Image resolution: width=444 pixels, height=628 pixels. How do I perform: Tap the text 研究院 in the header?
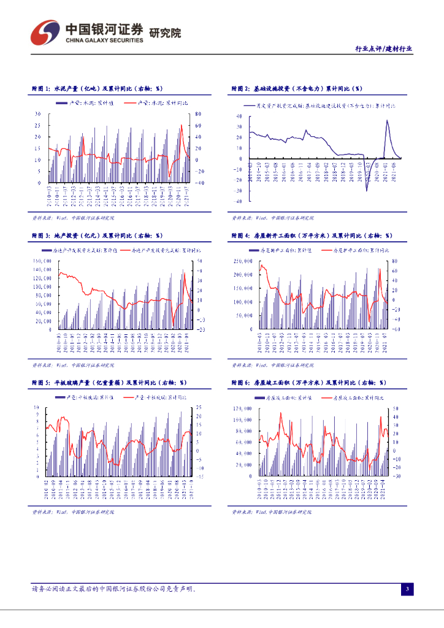[x=166, y=33]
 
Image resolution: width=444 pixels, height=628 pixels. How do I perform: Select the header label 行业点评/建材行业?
[x=384, y=49]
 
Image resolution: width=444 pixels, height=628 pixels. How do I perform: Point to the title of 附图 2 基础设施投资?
[x=297, y=89]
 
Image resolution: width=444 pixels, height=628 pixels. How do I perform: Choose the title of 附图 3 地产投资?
[x=97, y=235]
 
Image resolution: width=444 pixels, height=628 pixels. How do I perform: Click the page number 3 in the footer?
[x=407, y=589]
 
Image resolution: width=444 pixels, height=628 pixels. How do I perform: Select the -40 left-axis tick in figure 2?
[x=239, y=201]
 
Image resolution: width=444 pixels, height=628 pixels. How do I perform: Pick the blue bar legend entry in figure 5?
[x=87, y=398]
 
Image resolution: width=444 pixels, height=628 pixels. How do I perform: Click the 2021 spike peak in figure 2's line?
[x=387, y=120]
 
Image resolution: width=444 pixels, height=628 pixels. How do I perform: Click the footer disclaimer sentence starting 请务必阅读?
[x=113, y=589]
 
